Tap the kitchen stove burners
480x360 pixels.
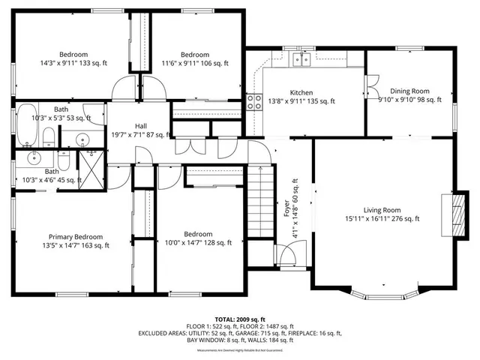pos(253,101)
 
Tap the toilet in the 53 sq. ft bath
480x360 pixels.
pos(47,136)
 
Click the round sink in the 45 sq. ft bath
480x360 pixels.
pos(34,157)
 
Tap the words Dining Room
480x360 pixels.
pos(409,91)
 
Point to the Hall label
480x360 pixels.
pos(140,125)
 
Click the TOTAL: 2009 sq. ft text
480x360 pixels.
pos(240,319)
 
